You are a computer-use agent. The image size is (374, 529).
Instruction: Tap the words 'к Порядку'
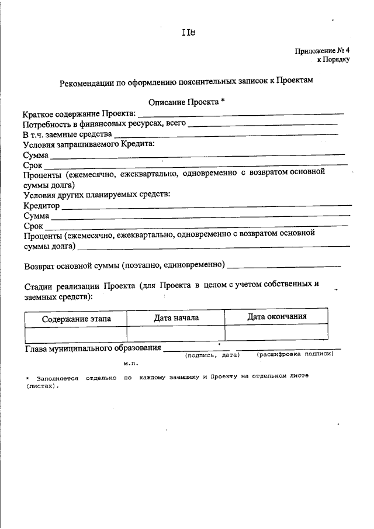333,60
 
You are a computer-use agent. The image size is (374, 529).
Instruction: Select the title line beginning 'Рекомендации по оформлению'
187,82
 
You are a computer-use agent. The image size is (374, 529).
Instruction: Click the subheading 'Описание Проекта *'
186,101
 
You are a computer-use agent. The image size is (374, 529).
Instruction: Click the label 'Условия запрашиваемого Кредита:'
89,144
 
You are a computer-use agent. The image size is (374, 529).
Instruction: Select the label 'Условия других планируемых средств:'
96,194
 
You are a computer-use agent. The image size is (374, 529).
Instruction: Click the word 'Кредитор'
41,206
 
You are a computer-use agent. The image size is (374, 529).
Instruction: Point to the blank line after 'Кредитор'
206,207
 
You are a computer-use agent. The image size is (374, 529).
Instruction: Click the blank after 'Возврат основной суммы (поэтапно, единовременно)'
284,267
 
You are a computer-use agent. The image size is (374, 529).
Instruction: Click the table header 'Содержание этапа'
76,319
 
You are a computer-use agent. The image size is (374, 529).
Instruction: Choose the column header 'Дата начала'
176,317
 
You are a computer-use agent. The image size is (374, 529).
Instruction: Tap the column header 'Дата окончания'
277,317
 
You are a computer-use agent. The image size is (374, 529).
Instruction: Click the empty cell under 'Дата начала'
176,333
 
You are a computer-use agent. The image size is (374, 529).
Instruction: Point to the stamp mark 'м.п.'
130,363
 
